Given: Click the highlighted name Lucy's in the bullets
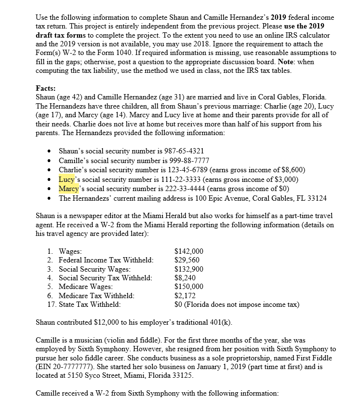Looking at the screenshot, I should (68, 179).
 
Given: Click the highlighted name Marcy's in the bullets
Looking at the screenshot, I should (69, 188).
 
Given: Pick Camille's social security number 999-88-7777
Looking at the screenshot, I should (182, 160).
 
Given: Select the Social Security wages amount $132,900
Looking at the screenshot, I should (188, 269).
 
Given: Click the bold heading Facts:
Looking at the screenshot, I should (46, 88).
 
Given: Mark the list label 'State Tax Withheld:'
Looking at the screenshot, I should (90, 304).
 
